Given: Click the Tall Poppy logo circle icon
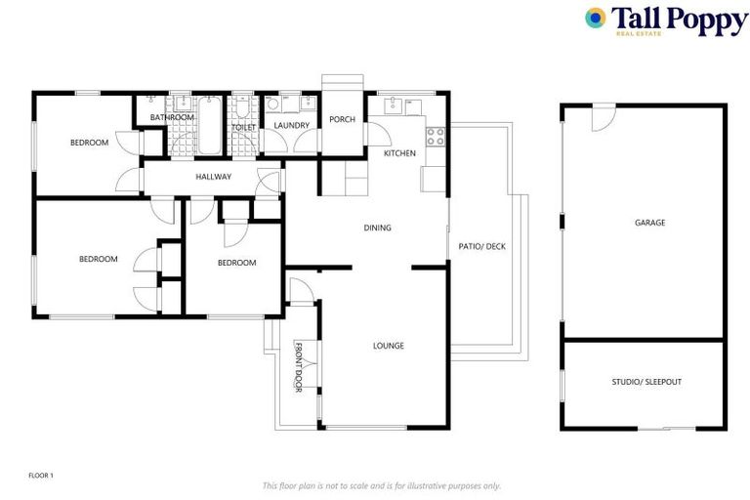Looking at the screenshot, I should (x=596, y=18).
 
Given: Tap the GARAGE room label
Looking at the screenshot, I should (x=649, y=223).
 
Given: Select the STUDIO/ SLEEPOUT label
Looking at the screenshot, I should (x=646, y=381).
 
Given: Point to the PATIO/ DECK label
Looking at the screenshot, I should (x=481, y=246).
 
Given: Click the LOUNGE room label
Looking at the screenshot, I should (x=388, y=346).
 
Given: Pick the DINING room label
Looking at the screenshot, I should (x=377, y=228).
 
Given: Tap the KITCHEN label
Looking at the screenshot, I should (x=399, y=153).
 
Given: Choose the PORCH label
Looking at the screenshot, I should (x=342, y=120).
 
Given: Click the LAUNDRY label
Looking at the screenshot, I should (x=291, y=125).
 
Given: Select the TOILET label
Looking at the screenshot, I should (x=243, y=128).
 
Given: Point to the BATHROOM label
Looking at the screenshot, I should (x=172, y=118).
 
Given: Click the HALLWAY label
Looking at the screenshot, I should (x=213, y=177).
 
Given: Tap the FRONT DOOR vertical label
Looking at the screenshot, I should (x=299, y=367).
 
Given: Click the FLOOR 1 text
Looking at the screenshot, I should (x=40, y=476).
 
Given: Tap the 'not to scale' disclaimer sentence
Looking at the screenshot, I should (x=382, y=485).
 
